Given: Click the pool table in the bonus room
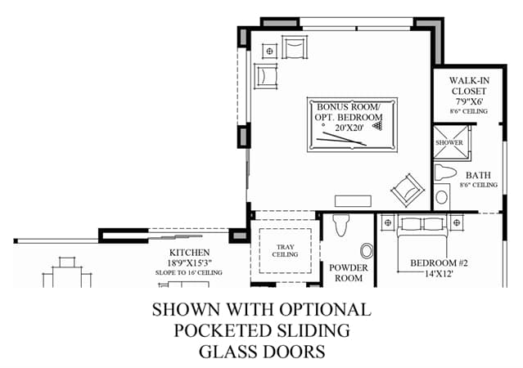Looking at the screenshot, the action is (352, 124).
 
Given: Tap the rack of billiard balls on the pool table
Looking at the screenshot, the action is (377, 126).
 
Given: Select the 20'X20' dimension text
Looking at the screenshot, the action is (349, 128).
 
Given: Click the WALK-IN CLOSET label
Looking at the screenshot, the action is (469, 86).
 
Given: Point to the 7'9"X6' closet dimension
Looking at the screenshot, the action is (469, 101).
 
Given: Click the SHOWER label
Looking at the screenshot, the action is (449, 142).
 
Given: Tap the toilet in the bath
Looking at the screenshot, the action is (445, 173).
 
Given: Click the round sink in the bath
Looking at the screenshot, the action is (442, 197).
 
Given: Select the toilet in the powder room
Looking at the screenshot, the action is (341, 225).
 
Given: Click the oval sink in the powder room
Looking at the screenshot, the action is (367, 251).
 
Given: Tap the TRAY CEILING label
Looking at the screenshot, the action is (285, 251).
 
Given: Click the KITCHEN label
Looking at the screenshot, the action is (189, 253).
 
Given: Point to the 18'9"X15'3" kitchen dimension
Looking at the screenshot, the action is (189, 263).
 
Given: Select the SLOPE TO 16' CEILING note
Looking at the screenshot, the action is (189, 272).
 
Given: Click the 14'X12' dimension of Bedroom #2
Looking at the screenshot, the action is (439, 274).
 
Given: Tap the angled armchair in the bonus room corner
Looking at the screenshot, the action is (408, 191).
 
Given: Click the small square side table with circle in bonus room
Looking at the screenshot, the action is (270, 51).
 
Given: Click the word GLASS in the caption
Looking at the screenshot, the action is (229, 352).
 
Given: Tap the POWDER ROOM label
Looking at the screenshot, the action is (349, 272).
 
